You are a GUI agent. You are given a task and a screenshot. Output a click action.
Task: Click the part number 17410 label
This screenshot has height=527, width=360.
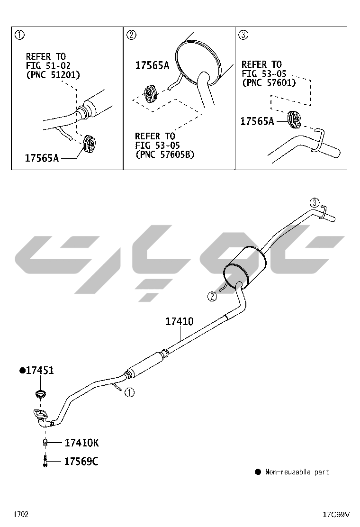pyautogui.click(x=180, y=322)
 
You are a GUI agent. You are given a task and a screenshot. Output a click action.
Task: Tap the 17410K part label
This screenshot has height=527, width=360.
pyautogui.click(x=81, y=443)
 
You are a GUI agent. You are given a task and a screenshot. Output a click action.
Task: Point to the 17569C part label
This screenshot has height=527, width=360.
pyautogui.click(x=81, y=462)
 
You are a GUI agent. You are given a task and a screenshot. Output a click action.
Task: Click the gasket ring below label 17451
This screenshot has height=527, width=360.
pyautogui.click(x=40, y=393)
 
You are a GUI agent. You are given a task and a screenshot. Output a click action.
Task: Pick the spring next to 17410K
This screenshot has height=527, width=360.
pyautogui.click(x=45, y=443)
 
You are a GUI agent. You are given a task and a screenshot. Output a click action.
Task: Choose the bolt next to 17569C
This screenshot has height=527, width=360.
pyautogui.click(x=45, y=461)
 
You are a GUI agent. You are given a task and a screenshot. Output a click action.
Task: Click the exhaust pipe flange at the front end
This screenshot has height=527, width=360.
pyautogui.click(x=41, y=415)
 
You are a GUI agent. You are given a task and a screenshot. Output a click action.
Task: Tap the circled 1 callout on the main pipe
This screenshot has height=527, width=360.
pyautogui.click(x=130, y=392)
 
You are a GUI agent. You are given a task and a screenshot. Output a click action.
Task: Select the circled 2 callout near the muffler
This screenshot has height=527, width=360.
pyautogui.click(x=212, y=297)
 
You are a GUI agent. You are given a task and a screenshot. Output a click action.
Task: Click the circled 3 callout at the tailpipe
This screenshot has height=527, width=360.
pyautogui.click(x=314, y=203)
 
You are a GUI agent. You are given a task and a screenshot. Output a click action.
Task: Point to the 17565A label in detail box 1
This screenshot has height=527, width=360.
pyautogui.click(x=42, y=158)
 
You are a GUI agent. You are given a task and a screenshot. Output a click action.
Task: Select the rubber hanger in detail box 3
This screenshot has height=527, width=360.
pyautogui.click(x=295, y=119)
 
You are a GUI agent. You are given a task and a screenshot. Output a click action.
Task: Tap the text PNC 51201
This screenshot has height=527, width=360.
pyautogui.click(x=53, y=75)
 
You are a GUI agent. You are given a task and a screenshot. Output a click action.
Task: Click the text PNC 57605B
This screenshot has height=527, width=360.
pyautogui.click(x=165, y=154)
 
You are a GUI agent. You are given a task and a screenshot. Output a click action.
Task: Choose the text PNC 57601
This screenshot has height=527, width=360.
pyautogui.click(x=269, y=82)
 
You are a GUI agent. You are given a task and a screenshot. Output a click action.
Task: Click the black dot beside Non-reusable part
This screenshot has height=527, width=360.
pyautogui.click(x=258, y=472)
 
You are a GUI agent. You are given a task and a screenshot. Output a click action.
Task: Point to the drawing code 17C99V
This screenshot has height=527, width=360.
pyautogui.click(x=336, y=515)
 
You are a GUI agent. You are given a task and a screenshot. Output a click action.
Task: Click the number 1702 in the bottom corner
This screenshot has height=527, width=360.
pyautogui.click(x=21, y=514)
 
